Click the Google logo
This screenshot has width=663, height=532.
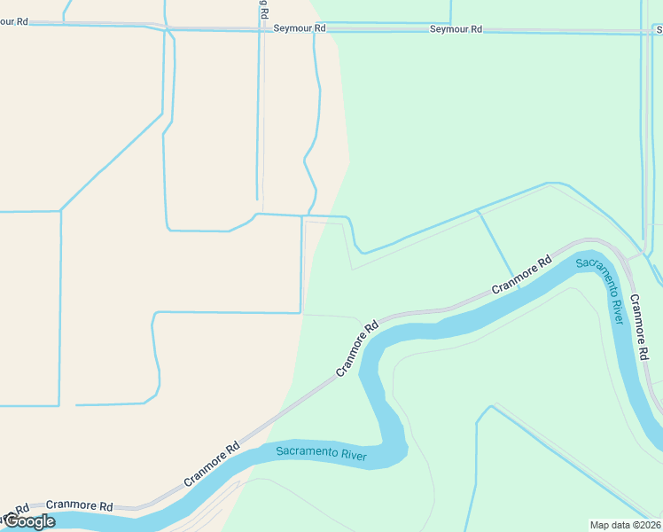(x=28, y=521)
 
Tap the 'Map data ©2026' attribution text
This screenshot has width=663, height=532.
(x=626, y=524)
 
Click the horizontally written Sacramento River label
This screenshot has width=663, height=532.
(x=321, y=452)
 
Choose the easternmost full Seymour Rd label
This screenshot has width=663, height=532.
(x=456, y=29)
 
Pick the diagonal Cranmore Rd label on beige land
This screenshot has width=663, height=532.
(x=213, y=464)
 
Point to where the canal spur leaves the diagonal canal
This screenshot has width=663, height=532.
(x=478, y=211)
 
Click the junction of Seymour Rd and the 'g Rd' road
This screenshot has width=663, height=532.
(x=262, y=29)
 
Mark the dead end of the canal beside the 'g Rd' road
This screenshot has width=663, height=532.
(x=258, y=199)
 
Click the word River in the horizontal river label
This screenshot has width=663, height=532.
(x=353, y=454)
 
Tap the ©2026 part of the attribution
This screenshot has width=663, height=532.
(x=645, y=524)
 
